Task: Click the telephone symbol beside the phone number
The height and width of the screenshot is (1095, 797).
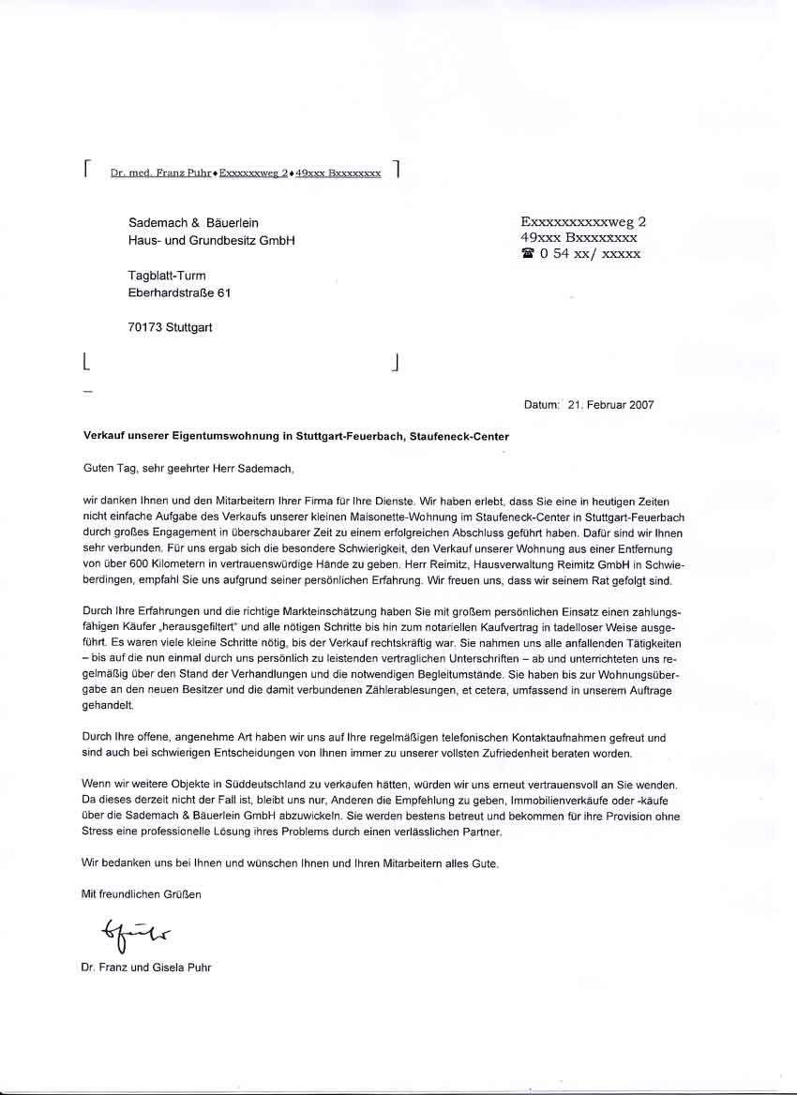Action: (x=527, y=254)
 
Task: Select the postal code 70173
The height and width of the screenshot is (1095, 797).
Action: (x=144, y=328)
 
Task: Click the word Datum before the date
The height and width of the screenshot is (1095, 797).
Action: (x=541, y=405)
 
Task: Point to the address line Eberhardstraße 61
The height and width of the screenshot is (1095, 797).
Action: (x=179, y=292)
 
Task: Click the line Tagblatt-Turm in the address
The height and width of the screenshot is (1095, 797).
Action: (x=167, y=276)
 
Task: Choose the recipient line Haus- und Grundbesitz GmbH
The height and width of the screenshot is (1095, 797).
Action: (x=211, y=240)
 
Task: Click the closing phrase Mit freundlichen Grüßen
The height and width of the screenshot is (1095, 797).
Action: (x=142, y=894)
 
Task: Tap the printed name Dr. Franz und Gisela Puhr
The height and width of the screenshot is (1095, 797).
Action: (x=146, y=967)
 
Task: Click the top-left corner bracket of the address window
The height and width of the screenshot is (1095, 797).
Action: (x=86, y=168)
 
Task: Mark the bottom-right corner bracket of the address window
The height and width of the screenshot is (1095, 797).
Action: (x=397, y=362)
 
